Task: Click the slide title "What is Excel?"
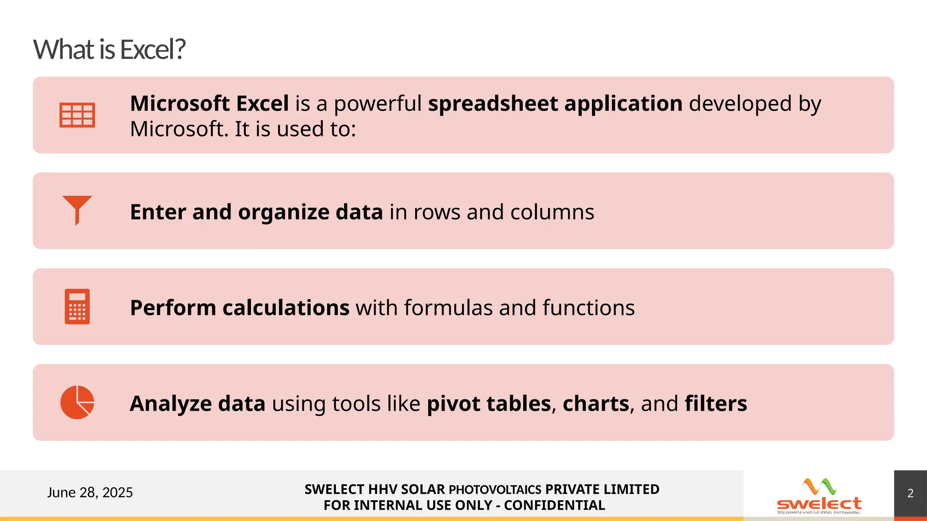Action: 109,49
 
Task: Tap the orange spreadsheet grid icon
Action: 77,115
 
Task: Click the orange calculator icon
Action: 77,306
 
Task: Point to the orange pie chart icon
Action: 77,402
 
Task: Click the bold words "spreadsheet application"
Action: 555,104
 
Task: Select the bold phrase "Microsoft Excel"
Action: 210,104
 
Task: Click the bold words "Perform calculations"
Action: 239,308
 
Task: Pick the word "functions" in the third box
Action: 588,308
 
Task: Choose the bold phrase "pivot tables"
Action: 489,404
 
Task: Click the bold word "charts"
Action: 596,404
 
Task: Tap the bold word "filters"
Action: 716,404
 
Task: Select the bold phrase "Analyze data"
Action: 197,404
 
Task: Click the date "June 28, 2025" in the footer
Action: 90,493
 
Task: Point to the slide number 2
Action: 910,493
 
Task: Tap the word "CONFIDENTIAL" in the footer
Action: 554,506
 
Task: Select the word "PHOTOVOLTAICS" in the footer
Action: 495,490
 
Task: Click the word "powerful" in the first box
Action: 378,104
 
